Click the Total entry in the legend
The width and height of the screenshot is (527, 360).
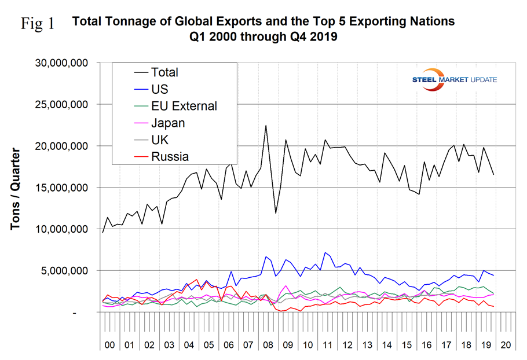(164, 72)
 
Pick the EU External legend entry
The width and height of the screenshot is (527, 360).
(184, 106)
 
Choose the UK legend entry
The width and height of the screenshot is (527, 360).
(159, 139)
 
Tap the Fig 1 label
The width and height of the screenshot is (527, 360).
(38, 24)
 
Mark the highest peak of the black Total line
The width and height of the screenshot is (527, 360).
(266, 125)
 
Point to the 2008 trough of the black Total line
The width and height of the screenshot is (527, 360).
(276, 213)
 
